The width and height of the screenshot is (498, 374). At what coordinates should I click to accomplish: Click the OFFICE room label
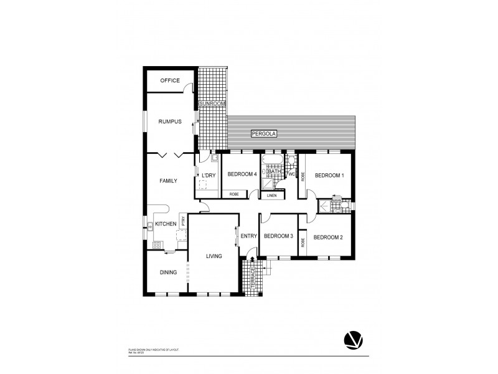pos(170,80)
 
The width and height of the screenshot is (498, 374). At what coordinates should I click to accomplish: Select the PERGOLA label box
pos(264,134)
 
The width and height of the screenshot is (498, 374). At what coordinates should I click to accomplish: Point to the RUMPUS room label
pos(169,122)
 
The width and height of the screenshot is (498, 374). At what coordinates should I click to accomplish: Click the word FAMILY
pos(168,181)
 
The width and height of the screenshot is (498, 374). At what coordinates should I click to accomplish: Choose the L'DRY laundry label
pos(207,176)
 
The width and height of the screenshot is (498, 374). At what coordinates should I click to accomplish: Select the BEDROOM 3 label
pos(278,236)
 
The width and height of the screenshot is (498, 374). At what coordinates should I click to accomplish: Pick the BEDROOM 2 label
pos(328,237)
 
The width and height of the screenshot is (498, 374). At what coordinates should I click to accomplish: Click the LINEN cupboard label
pos(271,196)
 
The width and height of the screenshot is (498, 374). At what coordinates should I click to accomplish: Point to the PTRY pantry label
pos(183,221)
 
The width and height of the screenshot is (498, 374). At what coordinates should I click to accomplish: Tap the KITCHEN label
pos(166,223)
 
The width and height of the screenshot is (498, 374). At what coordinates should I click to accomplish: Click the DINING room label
pos(168,272)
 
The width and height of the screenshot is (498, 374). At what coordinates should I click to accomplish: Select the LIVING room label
pos(214,255)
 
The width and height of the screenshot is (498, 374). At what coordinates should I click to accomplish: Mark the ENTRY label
pos(248,236)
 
